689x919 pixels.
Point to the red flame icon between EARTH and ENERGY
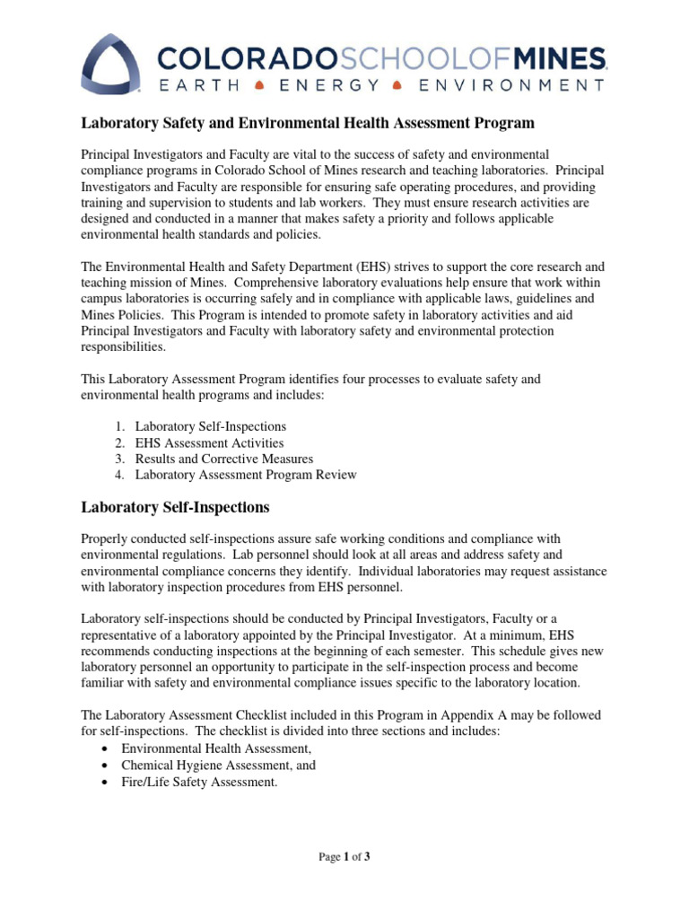258,86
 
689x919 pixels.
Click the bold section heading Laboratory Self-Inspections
175,507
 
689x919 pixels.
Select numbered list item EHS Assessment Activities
209,442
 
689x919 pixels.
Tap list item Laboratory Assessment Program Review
245,475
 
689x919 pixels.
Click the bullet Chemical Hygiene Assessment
218,766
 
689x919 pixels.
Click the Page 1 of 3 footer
344,857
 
